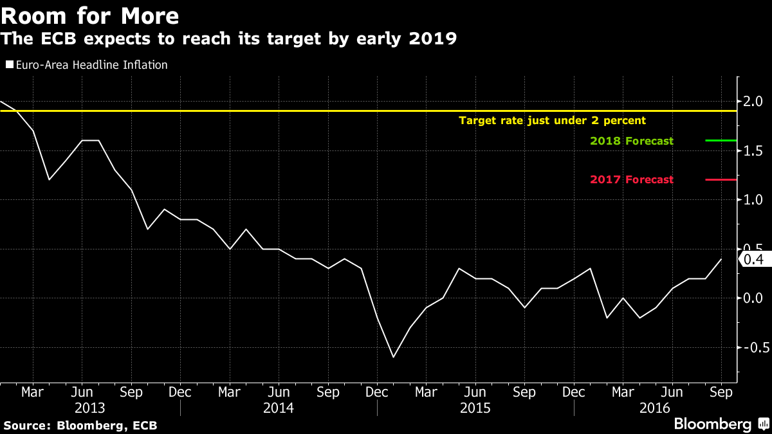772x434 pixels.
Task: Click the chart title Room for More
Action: tap(90, 14)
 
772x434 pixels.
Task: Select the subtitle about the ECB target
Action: tap(228, 39)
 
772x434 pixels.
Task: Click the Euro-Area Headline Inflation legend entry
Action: tap(87, 64)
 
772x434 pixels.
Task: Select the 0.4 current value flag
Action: tap(752, 259)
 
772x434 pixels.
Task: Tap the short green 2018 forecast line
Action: tap(721, 140)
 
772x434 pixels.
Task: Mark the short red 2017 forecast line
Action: tap(721, 179)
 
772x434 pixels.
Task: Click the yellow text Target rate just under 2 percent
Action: tap(551, 120)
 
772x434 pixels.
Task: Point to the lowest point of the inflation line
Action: tap(393, 357)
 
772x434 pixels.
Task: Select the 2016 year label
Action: tap(655, 408)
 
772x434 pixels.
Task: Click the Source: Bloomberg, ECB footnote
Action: tap(80, 425)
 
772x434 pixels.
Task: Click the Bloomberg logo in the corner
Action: tap(720, 424)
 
